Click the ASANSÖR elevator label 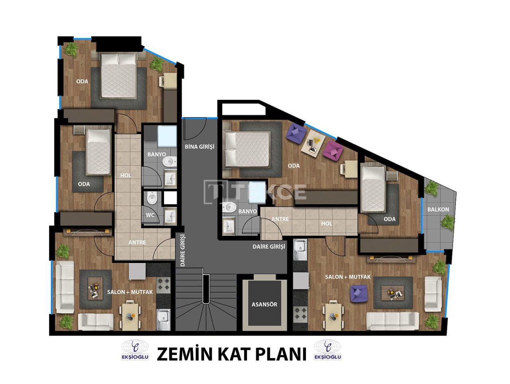pyautogui.click(x=264, y=304)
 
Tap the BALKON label pyautogui.click(x=438, y=209)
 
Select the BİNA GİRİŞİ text pyautogui.click(x=199, y=146)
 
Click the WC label pyautogui.click(x=150, y=215)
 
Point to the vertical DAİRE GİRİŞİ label pyautogui.click(x=182, y=250)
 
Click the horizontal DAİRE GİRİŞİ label pyautogui.click(x=269, y=247)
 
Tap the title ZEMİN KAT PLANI pyautogui.click(x=231, y=354)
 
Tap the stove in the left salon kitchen pyautogui.click(x=163, y=285)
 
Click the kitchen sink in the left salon pyautogui.click(x=163, y=319)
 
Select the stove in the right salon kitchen pyautogui.click(x=300, y=314)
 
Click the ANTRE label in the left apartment pyautogui.click(x=137, y=242)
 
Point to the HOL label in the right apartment pyautogui.click(x=326, y=224)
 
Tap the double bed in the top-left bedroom pyautogui.click(x=118, y=75)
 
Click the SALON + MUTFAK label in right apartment pyautogui.click(x=348, y=277)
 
